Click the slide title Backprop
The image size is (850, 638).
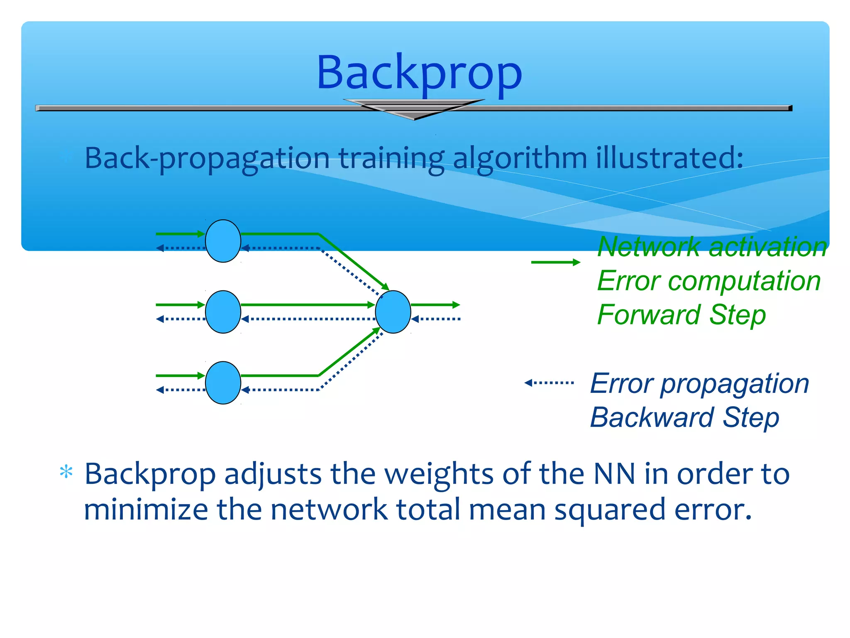click(x=419, y=73)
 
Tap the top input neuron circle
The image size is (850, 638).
click(x=223, y=241)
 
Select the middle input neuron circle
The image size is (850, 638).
click(x=223, y=312)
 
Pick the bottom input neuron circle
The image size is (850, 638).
click(x=223, y=383)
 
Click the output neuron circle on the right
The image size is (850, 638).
click(x=393, y=312)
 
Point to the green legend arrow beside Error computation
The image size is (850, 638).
click(x=555, y=262)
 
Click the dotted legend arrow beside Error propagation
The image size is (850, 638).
click(x=549, y=383)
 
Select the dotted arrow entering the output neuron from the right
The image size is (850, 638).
click(x=436, y=319)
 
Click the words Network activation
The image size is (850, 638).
click(x=712, y=247)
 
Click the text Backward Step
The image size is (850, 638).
click(x=684, y=417)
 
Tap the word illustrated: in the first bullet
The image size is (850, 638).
click(x=669, y=158)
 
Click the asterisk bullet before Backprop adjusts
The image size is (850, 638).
click(x=66, y=472)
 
